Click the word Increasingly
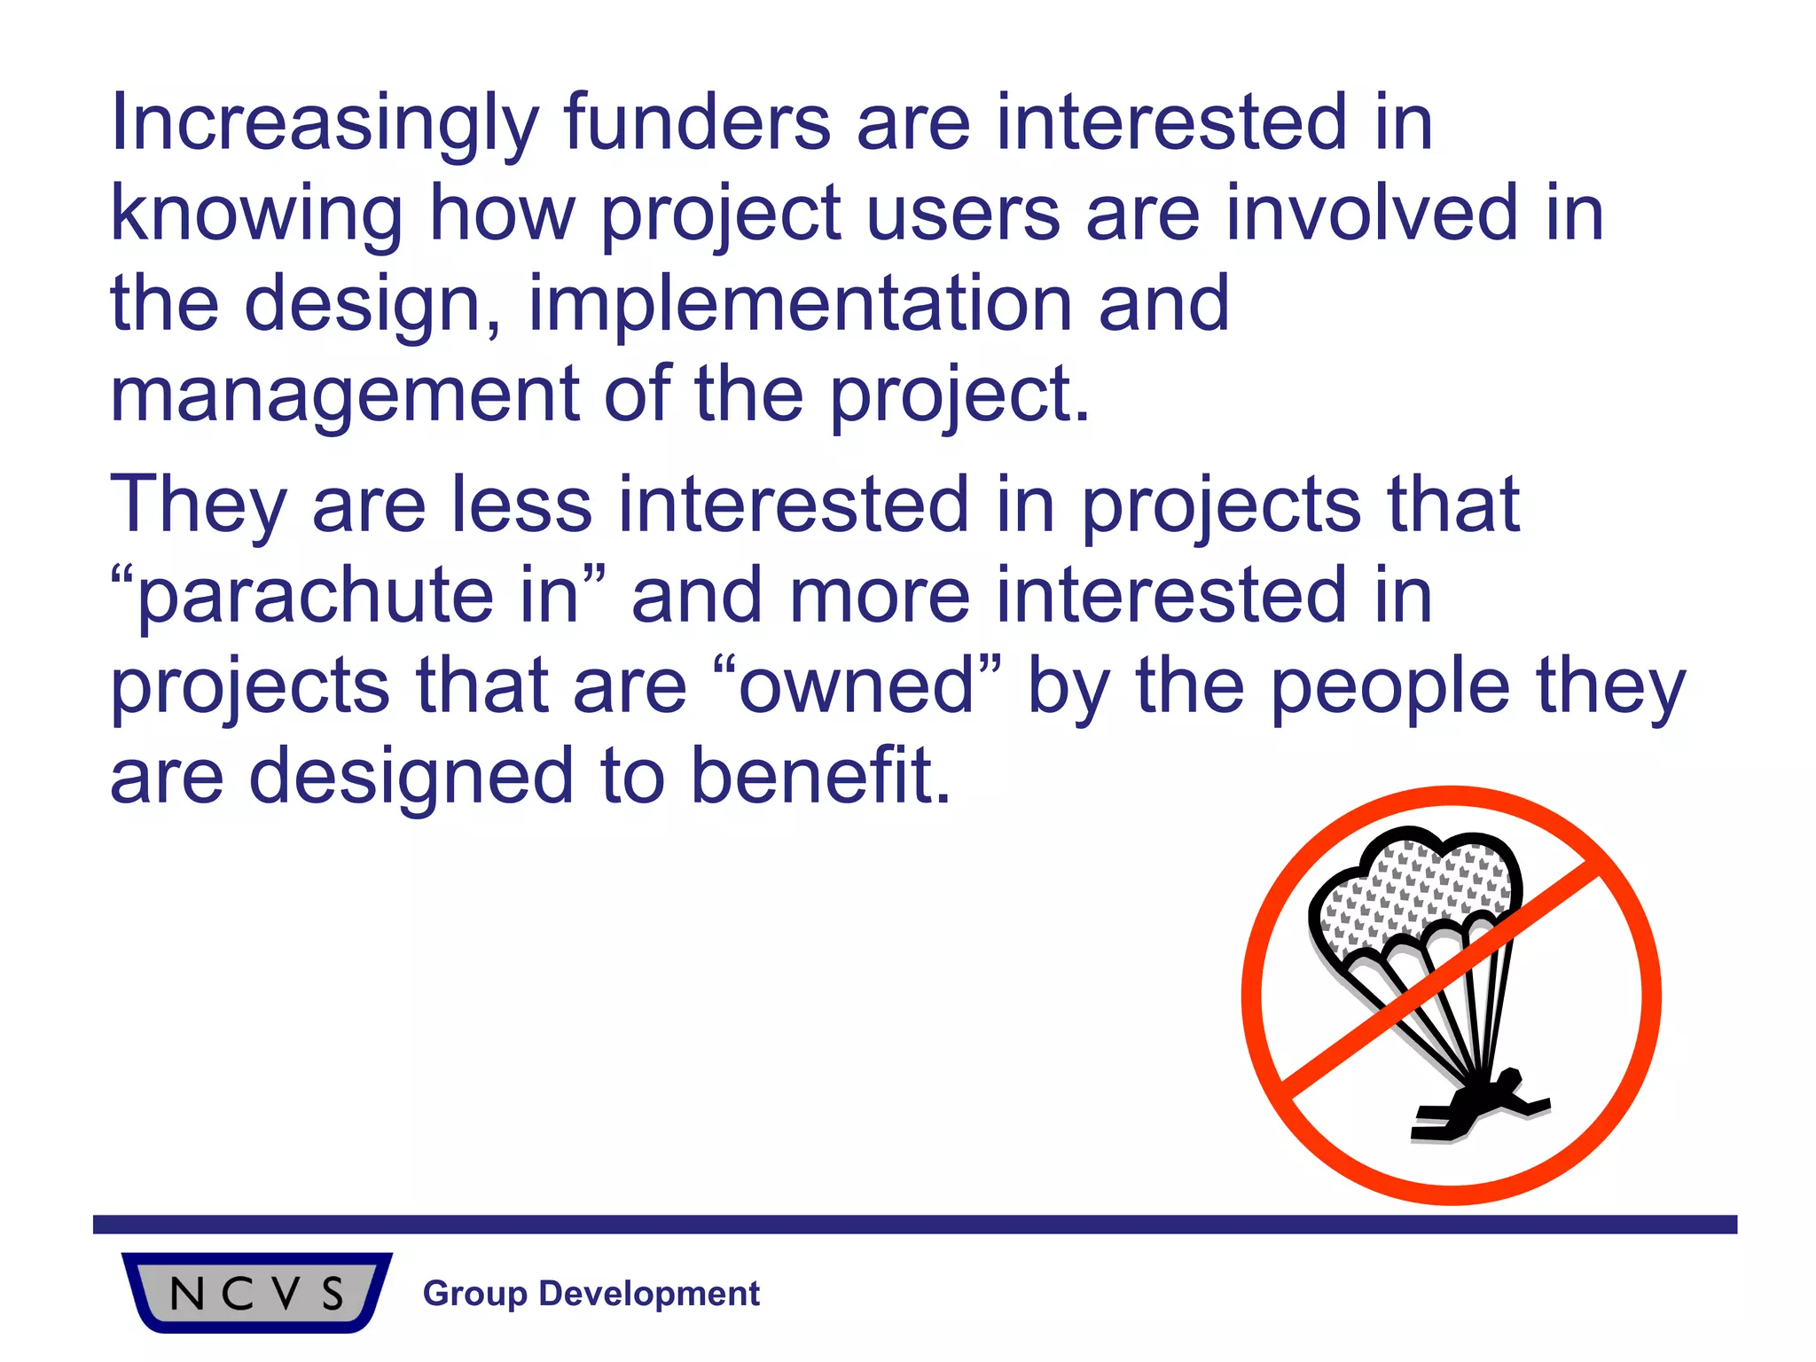pos(324,124)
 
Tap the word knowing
pos(256,215)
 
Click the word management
pos(345,395)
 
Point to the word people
pos(1390,688)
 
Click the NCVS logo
pos(256,1292)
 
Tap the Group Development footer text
pos(591,1293)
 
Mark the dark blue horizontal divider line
pos(913,1225)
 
